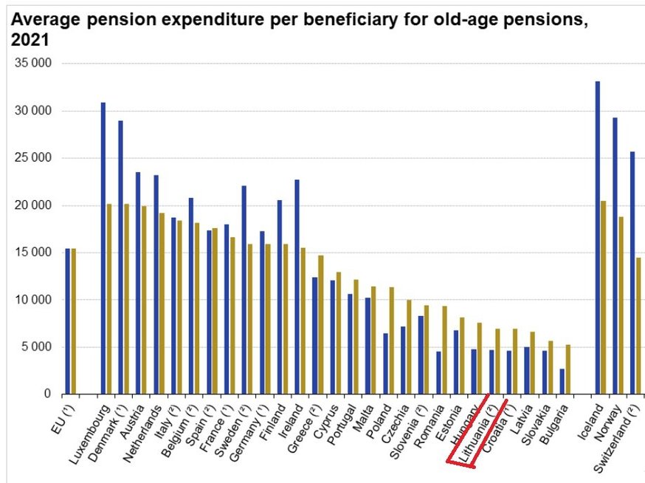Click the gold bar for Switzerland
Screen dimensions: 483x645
click(x=639, y=326)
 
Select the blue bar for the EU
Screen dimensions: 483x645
click(x=68, y=321)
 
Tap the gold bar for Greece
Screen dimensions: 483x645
click(x=321, y=325)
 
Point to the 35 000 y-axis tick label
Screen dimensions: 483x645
click(x=33, y=64)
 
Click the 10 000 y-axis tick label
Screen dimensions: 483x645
click(x=33, y=300)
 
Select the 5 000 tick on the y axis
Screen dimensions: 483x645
click(x=36, y=347)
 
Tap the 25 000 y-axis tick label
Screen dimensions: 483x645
click(x=33, y=158)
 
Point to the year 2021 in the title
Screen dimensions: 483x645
click(x=29, y=41)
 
